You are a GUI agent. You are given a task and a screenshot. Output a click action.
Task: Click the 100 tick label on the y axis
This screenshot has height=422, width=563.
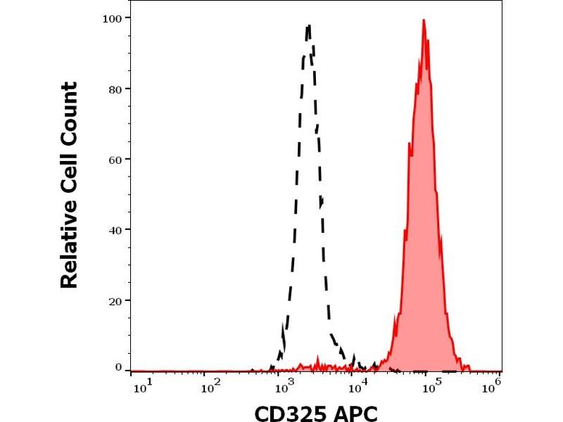pyautogui.click(x=110, y=18)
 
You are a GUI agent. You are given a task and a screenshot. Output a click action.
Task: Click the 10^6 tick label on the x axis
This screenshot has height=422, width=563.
pyautogui.click(x=495, y=384)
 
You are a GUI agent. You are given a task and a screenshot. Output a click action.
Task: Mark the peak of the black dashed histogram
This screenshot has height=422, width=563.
pyautogui.click(x=308, y=26)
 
